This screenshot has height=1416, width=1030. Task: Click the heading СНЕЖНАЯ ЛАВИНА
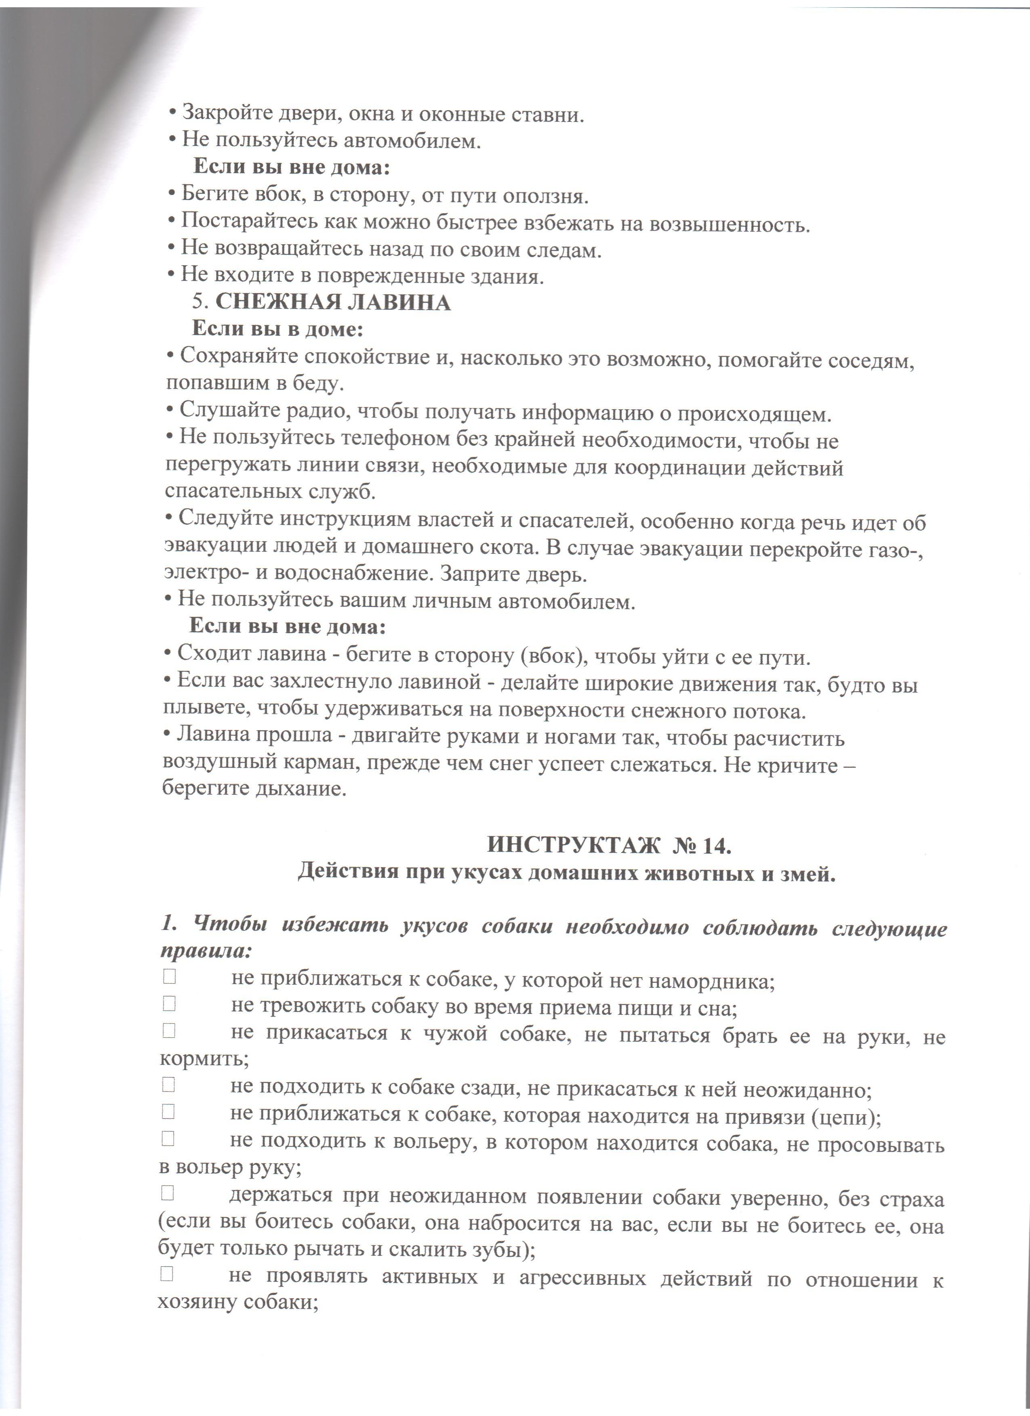(x=333, y=302)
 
